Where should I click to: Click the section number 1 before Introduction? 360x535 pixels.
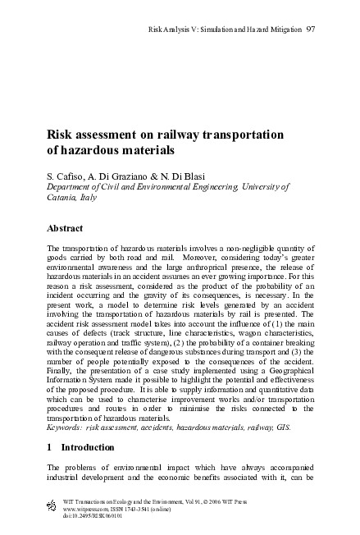pos(50,446)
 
